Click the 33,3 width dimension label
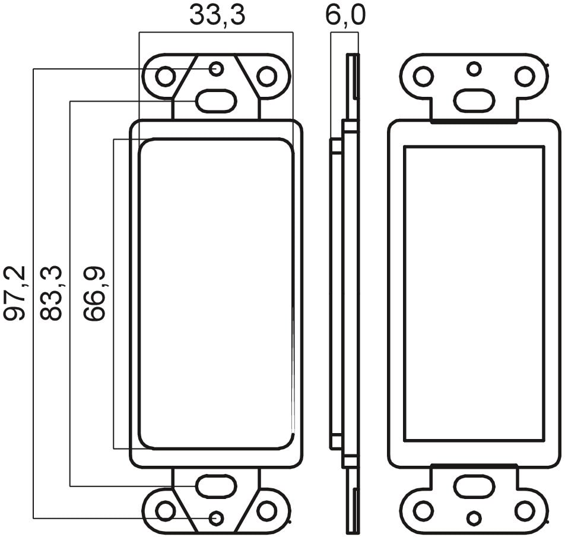[217, 15]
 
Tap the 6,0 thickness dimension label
[345, 15]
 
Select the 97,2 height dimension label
[15, 293]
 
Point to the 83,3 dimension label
[50, 293]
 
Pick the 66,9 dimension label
[94, 293]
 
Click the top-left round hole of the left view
[164, 77]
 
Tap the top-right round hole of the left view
[266, 77]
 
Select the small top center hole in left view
[217, 69]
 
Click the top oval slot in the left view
[216, 100]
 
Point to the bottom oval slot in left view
[216, 487]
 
